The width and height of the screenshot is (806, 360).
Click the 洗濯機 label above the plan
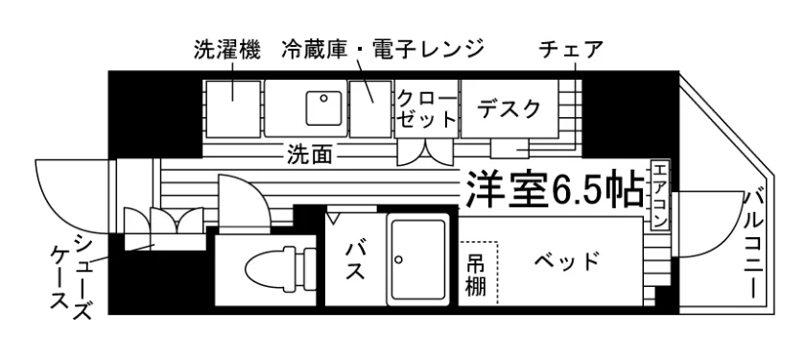click(227, 49)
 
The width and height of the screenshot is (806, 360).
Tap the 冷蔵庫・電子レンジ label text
click(383, 49)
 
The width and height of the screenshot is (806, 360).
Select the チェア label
click(571, 49)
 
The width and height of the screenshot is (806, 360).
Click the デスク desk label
click(509, 109)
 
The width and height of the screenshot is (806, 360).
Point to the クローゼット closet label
click(427, 108)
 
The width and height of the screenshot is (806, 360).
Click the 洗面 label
click(309, 154)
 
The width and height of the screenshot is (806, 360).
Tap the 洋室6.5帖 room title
click(556, 189)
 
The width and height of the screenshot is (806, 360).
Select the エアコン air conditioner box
click(660, 195)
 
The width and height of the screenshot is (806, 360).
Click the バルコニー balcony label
click(755, 244)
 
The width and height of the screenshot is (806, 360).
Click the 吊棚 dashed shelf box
click(478, 273)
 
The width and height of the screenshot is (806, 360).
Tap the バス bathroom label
click(355, 261)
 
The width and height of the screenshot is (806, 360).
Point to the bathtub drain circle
click(398, 259)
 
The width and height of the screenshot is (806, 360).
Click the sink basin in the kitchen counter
click(324, 108)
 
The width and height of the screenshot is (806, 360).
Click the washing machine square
click(233, 108)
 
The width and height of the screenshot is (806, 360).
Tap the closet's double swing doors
click(426, 153)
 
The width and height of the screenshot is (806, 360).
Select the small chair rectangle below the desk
click(510, 149)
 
